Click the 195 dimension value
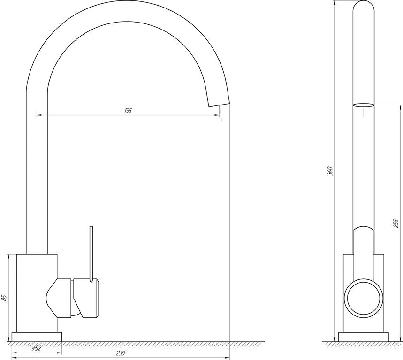click(128, 111)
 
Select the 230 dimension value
click(120, 353)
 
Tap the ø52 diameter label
click(37, 348)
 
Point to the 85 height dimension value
click(4, 298)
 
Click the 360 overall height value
click(330, 171)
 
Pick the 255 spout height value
click(396, 224)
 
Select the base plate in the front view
click(37, 337)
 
